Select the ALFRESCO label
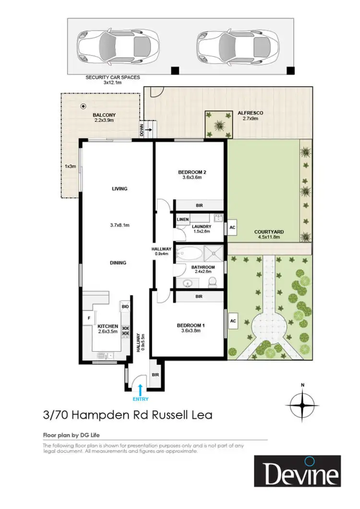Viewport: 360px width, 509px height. point(250,113)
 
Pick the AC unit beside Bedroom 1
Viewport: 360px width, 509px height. point(233,320)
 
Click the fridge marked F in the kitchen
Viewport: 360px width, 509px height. point(89,317)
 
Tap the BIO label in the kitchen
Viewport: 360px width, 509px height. point(125,306)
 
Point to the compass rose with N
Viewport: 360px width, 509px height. point(302,404)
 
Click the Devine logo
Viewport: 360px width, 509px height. point(297,471)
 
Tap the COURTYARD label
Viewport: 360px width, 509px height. point(269,232)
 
